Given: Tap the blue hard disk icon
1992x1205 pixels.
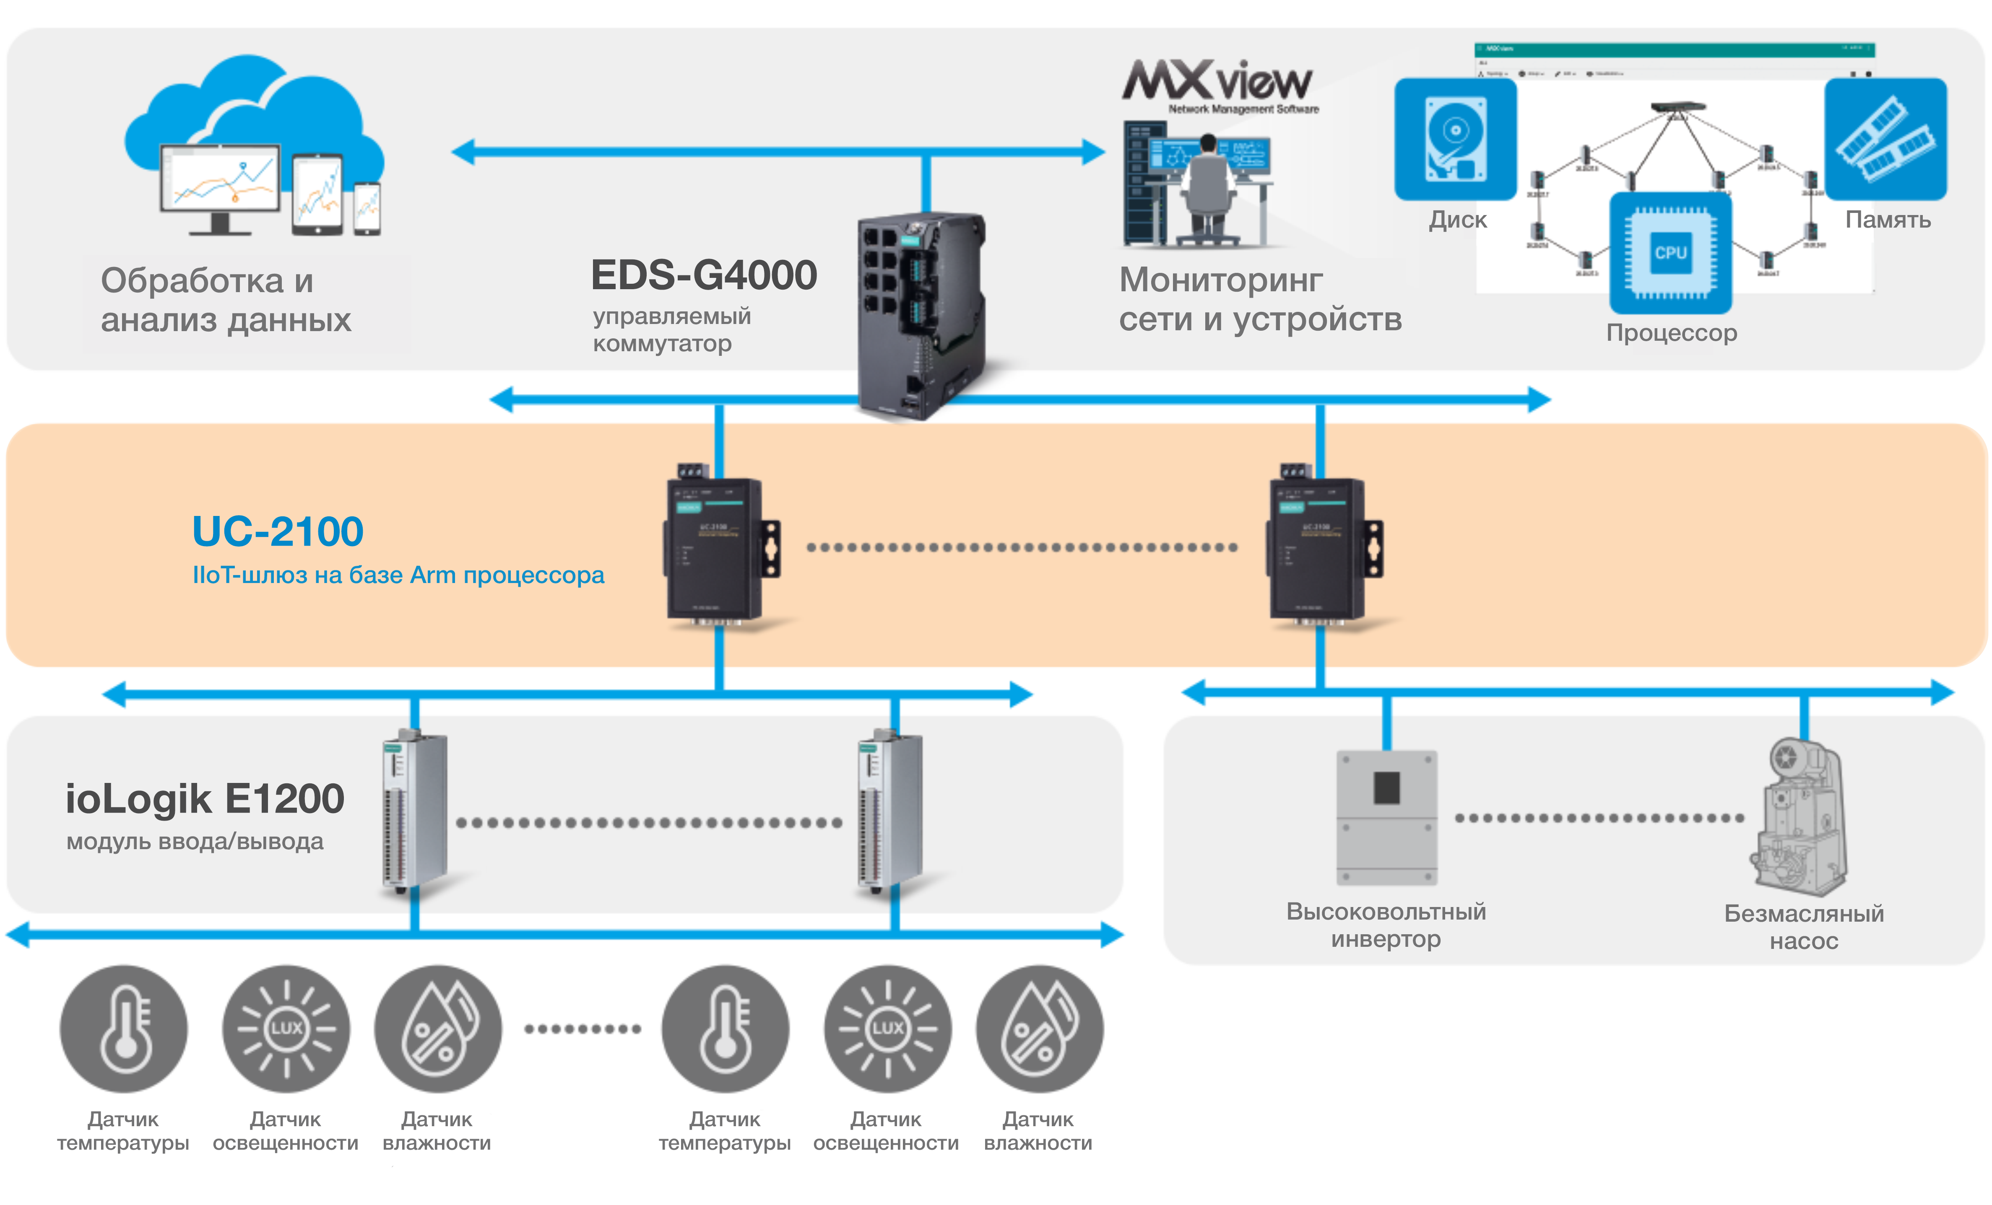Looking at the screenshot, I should (1455, 139).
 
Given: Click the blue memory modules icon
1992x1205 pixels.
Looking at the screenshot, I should (1885, 139).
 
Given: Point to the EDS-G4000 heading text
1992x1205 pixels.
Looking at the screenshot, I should (703, 275).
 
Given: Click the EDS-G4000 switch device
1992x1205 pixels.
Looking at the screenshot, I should (922, 315).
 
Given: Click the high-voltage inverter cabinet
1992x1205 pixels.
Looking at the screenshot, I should (1386, 818).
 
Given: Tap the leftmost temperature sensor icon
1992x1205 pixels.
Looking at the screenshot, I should (124, 1028).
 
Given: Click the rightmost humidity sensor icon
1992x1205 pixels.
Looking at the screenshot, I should (1039, 1028).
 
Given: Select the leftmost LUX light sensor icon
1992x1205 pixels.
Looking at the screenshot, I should (286, 1028).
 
